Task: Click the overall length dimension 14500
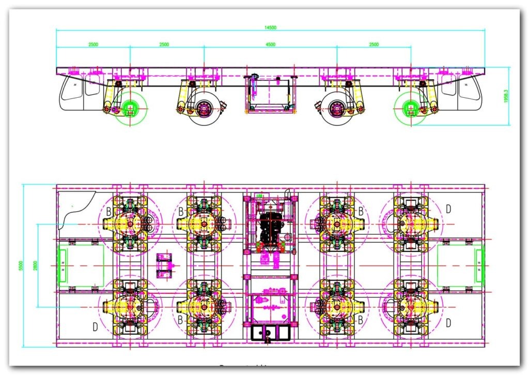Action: coord(270,27)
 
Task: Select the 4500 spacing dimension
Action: coord(270,44)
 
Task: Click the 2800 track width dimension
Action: coord(35,265)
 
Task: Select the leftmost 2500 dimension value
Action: coord(93,44)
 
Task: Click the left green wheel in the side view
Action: coord(130,109)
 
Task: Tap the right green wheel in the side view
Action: coord(411,109)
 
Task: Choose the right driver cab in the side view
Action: coord(462,93)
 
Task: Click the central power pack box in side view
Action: coord(269,93)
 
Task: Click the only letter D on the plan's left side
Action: coord(95,326)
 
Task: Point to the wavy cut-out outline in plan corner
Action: coord(77,209)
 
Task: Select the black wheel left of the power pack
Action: coord(203,109)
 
